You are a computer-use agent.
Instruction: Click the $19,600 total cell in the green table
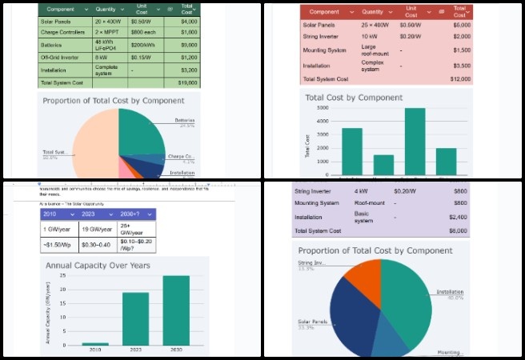tap(187, 82)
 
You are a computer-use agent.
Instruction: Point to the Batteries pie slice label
tap(186, 121)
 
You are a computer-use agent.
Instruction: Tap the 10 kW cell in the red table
tap(369, 36)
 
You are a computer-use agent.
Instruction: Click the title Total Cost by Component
tap(354, 98)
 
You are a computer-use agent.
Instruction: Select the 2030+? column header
tap(132, 215)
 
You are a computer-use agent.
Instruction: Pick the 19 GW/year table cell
tap(96, 229)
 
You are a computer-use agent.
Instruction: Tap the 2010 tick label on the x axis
tap(95, 350)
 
